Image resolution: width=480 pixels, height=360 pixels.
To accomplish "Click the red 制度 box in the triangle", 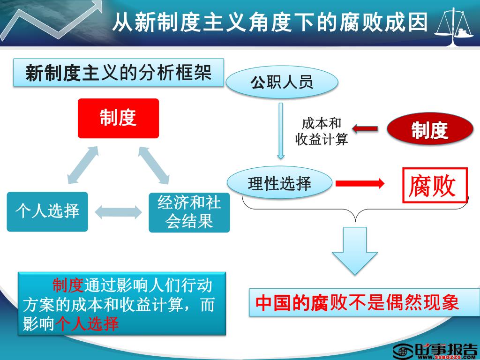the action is pyautogui.click(x=118, y=118).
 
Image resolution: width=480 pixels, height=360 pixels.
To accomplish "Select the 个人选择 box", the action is pyautogui.click(x=47, y=211).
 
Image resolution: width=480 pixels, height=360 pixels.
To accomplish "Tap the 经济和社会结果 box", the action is pyautogui.click(x=189, y=212).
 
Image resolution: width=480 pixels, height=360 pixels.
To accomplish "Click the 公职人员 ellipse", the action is pyautogui.click(x=282, y=83).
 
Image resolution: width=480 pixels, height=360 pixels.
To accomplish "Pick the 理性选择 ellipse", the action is pyautogui.click(x=280, y=183).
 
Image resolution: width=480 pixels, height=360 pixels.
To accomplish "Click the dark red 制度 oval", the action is pyautogui.click(x=429, y=130).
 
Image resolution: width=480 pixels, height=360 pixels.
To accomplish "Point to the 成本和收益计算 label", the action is pyautogui.click(x=322, y=132).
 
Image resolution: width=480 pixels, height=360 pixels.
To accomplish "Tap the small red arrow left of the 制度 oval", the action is pyautogui.click(x=365, y=127).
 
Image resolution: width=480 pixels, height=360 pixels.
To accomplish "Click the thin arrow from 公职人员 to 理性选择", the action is pyautogui.click(x=281, y=131).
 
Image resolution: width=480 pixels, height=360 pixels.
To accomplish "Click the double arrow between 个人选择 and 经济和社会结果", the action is pyautogui.click(x=118, y=211).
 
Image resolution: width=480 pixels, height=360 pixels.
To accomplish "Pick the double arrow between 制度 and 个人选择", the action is pyautogui.click(x=83, y=165).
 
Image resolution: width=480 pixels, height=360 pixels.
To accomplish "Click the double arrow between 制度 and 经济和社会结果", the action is pyautogui.click(x=153, y=165).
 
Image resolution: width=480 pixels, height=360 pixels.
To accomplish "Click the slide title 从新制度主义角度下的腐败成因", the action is pyautogui.click(x=270, y=22).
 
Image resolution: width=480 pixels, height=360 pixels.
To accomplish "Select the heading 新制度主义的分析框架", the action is pyautogui.click(x=118, y=73).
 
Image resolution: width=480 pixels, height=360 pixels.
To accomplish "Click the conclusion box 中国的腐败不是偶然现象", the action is pyautogui.click(x=357, y=302).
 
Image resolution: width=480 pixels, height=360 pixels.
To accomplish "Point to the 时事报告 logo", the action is pyautogui.click(x=435, y=351).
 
